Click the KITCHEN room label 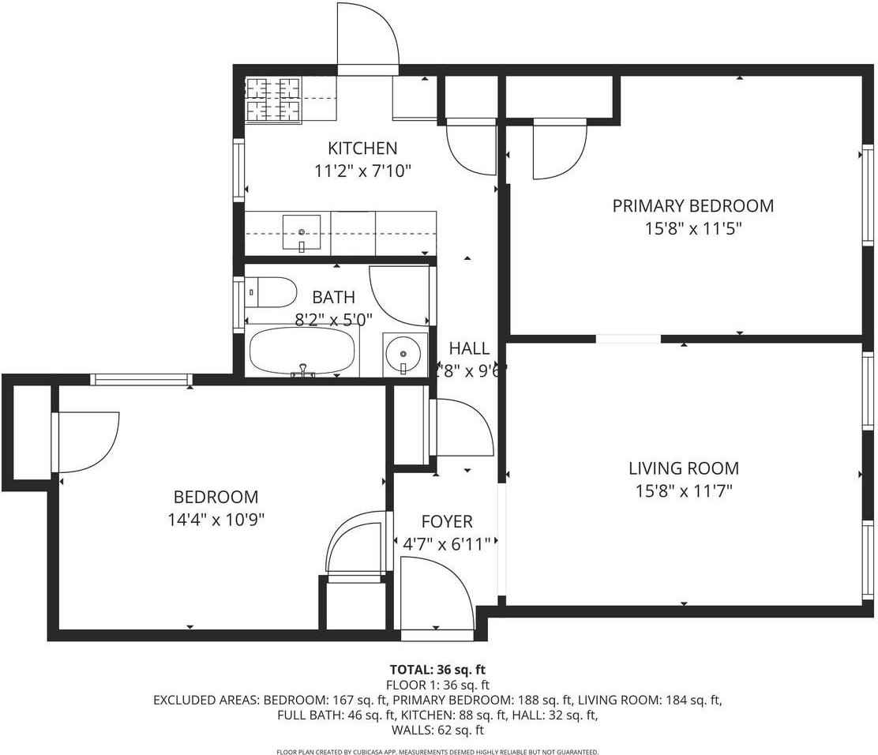pyautogui.click(x=362, y=148)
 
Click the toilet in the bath pyautogui.click(x=271, y=292)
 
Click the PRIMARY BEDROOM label pyautogui.click(x=693, y=206)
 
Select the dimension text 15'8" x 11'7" pyautogui.click(x=685, y=491)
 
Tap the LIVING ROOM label pyautogui.click(x=684, y=468)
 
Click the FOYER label pyautogui.click(x=447, y=521)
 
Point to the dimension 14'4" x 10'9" pyautogui.click(x=216, y=520)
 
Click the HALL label pyautogui.click(x=469, y=348)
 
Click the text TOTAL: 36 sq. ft pyautogui.click(x=437, y=670)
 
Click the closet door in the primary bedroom pyautogui.click(x=558, y=149)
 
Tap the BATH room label pyautogui.click(x=333, y=298)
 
